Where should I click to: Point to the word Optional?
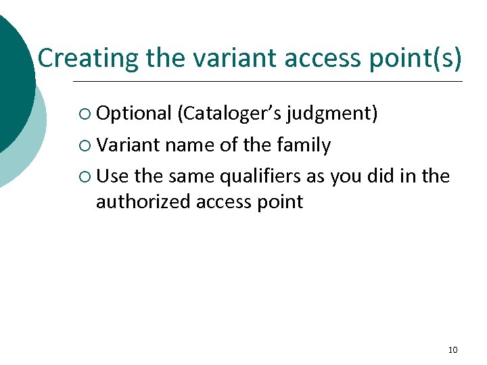click(133, 114)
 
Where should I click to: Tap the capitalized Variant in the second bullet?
click(128, 145)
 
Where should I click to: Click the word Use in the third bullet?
click(112, 176)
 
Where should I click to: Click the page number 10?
click(453, 349)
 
